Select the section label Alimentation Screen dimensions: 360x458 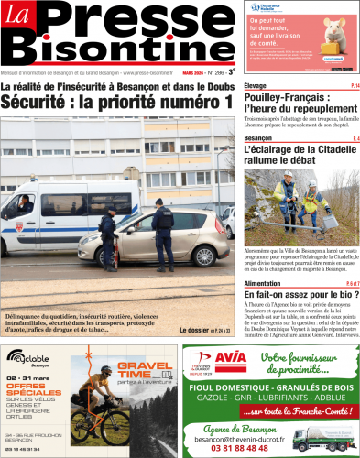tap(267, 284)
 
